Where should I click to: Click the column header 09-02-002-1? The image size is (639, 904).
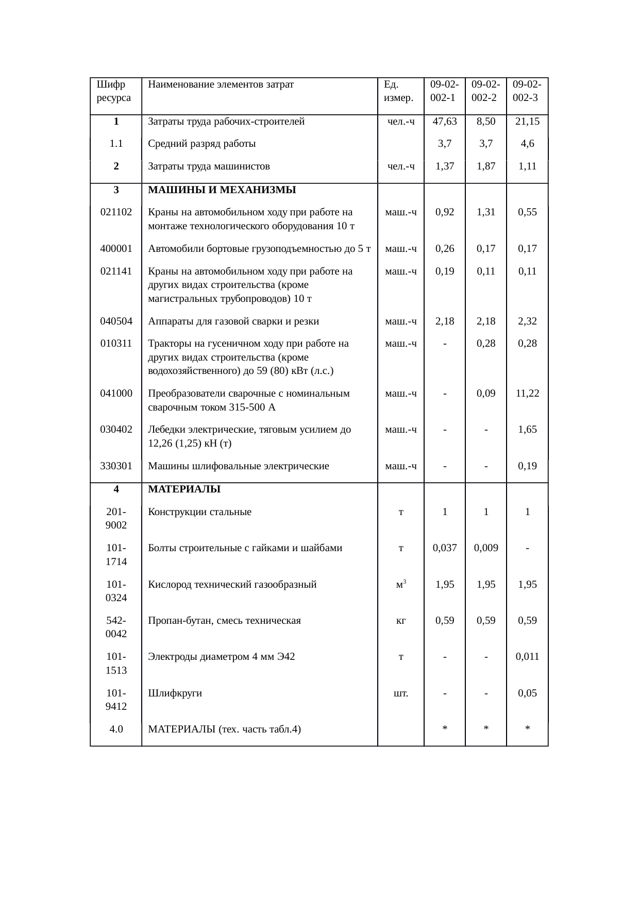point(444,91)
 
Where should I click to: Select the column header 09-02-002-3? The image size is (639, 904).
point(527,91)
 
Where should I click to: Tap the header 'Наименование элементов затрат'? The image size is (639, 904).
point(221,84)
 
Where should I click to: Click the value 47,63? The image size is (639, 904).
point(444,122)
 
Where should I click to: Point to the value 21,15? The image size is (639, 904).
point(527,122)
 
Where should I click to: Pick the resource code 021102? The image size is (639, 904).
point(116,212)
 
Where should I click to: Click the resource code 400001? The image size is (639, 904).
point(116,249)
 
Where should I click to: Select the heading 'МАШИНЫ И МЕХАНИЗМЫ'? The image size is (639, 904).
point(222,190)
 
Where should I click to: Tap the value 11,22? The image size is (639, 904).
point(527,394)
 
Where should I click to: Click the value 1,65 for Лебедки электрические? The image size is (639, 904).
point(527,430)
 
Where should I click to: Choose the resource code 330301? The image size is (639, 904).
point(116,466)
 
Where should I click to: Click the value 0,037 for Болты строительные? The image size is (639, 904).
point(444,548)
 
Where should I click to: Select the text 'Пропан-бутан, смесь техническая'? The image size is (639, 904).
point(224,621)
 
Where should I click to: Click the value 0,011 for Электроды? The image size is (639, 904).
point(527,657)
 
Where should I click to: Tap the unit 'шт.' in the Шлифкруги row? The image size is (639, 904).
point(401,693)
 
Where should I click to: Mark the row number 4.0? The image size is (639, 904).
point(116,729)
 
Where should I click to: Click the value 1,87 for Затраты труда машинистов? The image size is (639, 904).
point(486,166)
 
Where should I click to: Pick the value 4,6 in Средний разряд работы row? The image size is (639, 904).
point(527,144)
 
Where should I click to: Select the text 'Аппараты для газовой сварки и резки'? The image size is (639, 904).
point(233,321)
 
